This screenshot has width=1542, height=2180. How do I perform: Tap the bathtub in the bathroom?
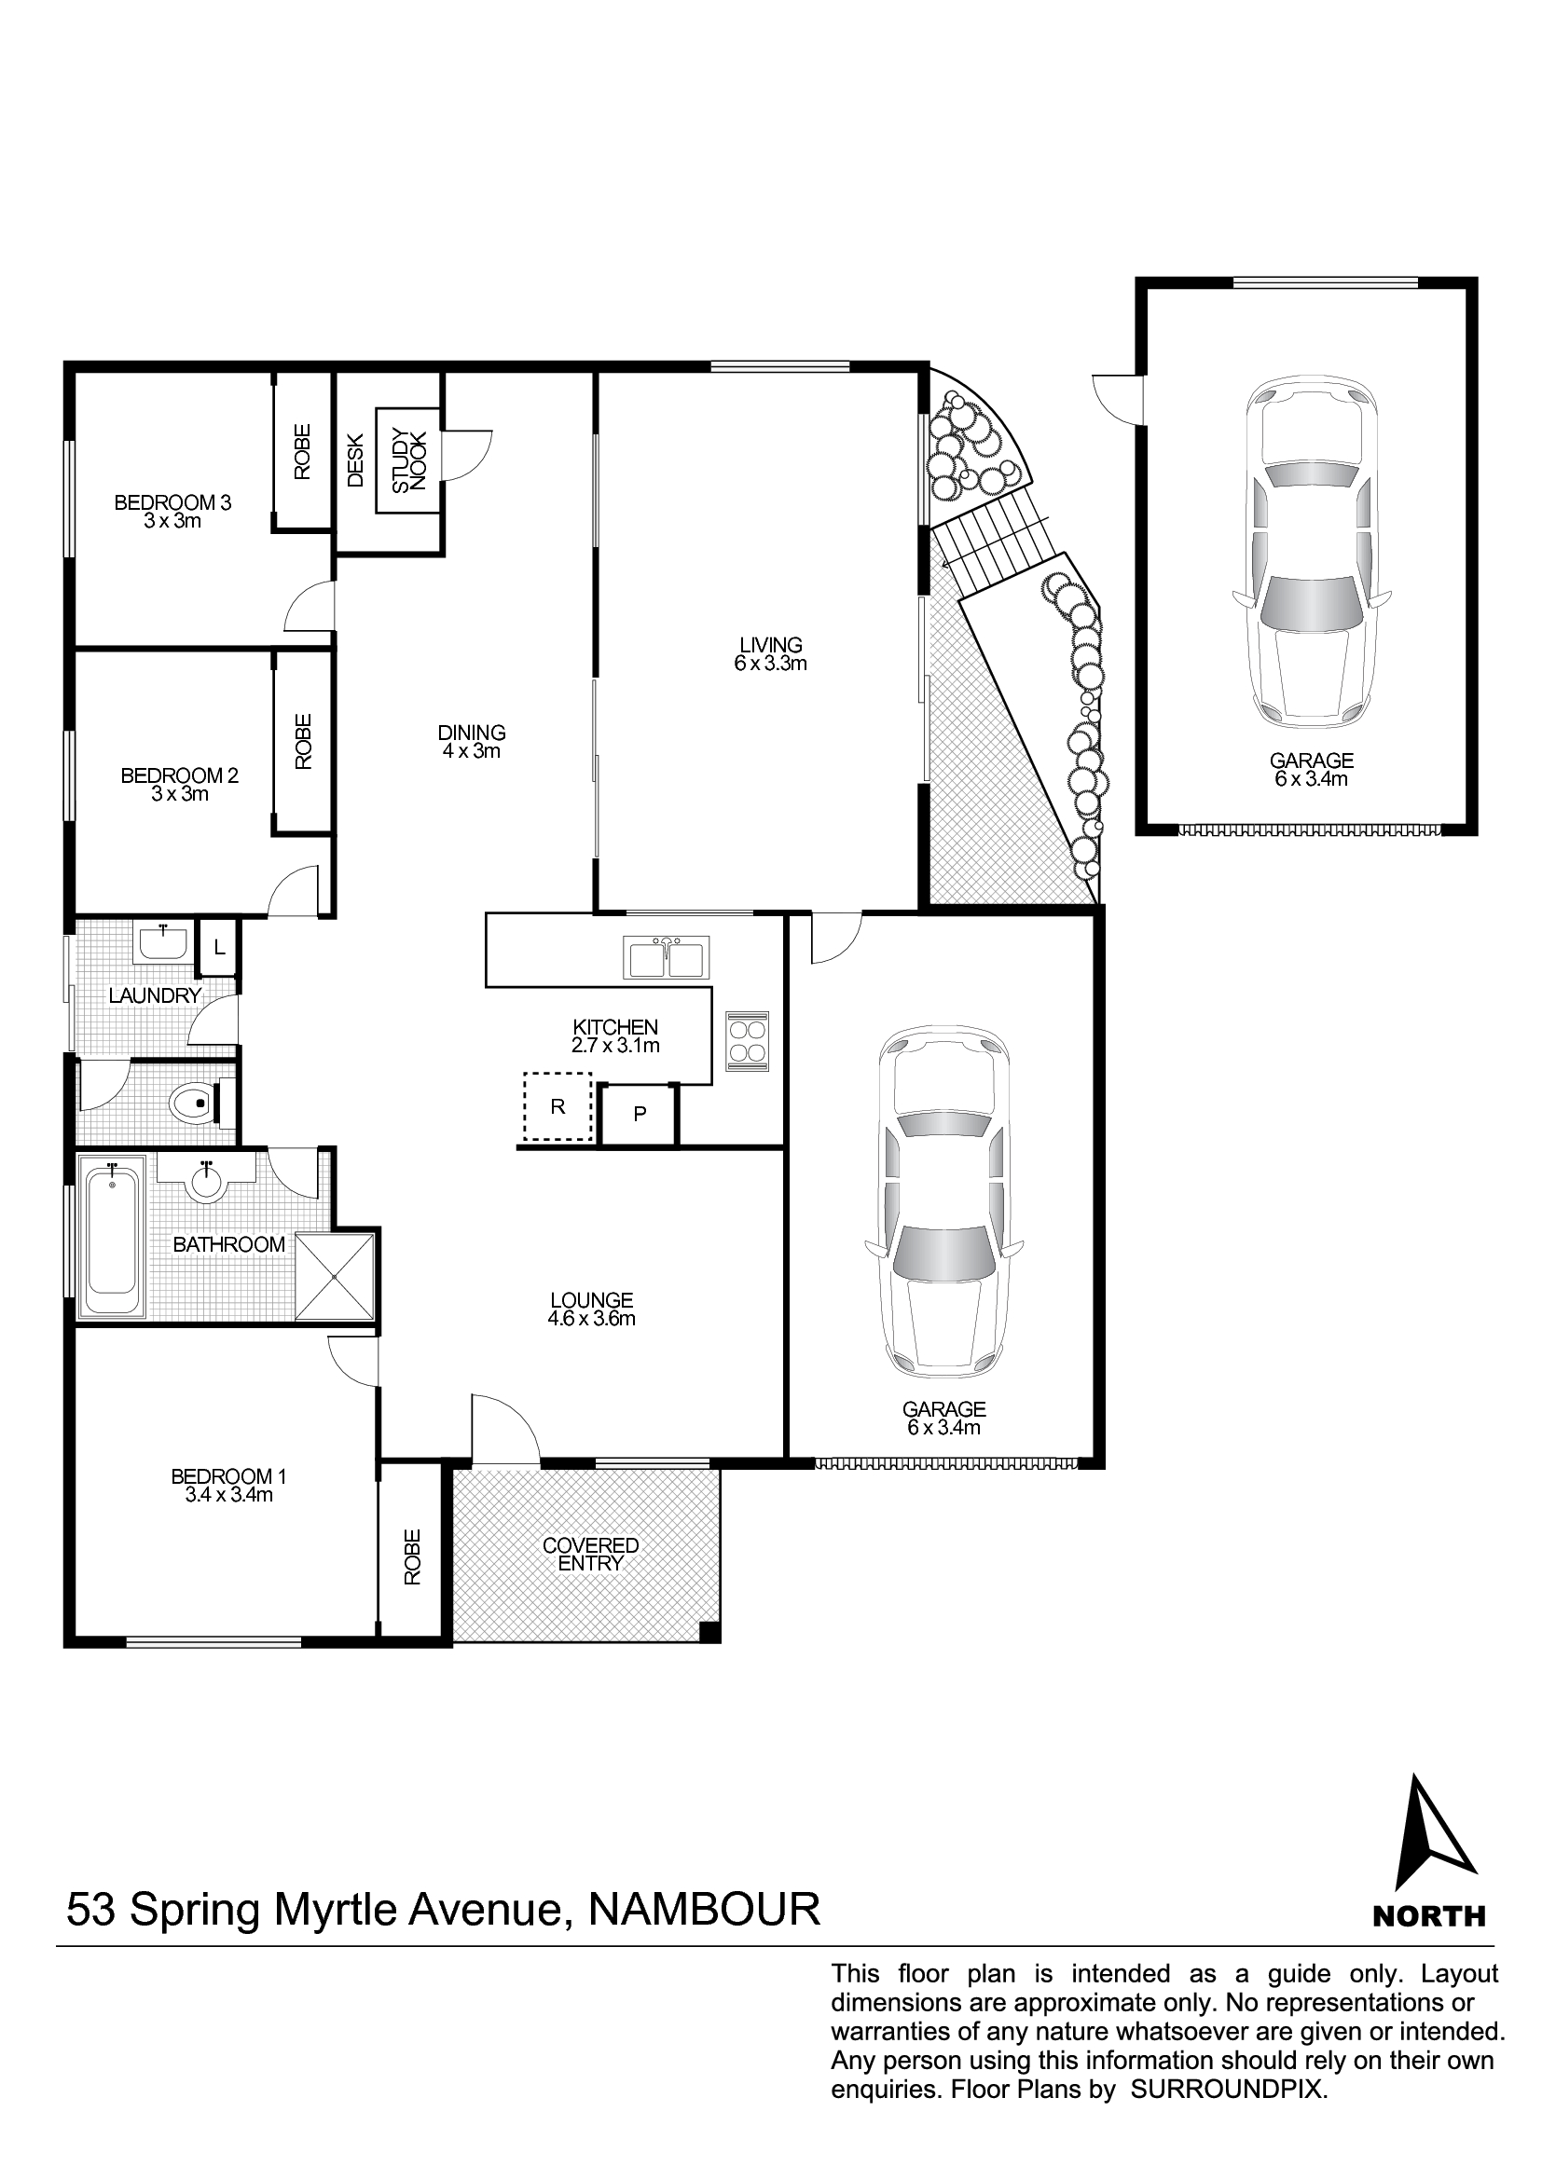point(112,1236)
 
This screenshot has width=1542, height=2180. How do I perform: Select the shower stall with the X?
point(336,1276)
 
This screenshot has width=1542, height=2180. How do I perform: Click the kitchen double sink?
point(666,957)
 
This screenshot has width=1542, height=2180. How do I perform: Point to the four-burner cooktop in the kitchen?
point(748,1042)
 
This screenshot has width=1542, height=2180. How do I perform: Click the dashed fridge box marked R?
point(558,1106)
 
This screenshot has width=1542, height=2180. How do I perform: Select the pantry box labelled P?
point(639,1113)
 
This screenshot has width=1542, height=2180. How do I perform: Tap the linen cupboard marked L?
point(218,948)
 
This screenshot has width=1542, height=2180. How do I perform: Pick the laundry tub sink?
point(163,943)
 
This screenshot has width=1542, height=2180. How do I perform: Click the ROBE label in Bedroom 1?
point(411,1556)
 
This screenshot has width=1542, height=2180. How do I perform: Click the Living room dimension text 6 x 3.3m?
point(770,664)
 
